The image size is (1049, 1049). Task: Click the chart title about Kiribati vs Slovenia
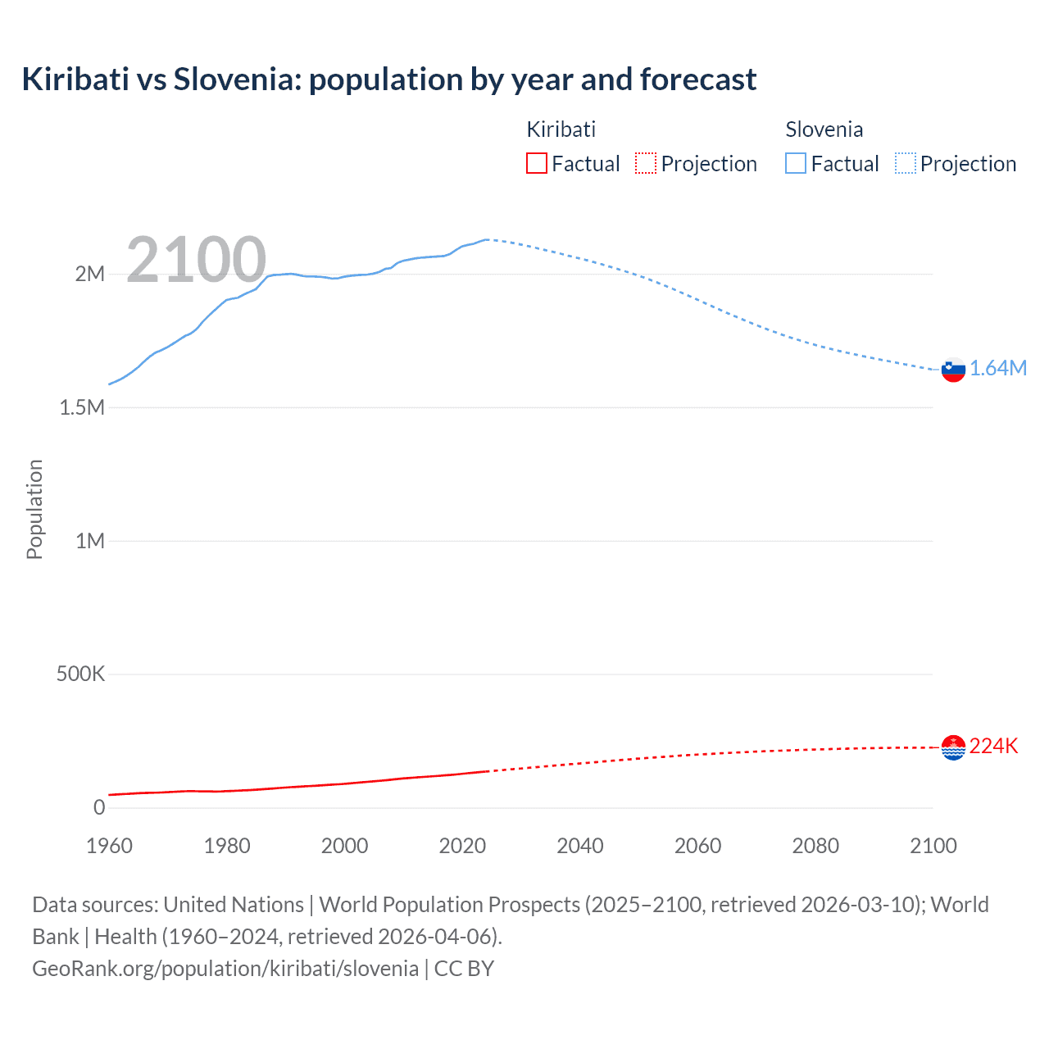[x=389, y=79]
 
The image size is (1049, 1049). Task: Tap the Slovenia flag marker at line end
[x=953, y=370]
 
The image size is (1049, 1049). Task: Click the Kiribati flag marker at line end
[x=953, y=747]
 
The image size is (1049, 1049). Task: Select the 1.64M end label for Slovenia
[x=998, y=369]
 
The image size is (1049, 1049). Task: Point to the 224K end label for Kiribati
[x=993, y=746]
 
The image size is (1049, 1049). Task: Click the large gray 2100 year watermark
[x=196, y=260]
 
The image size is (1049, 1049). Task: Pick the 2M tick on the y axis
[x=90, y=275]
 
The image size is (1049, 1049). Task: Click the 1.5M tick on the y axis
[x=82, y=407]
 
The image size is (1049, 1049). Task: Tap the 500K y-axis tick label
[x=80, y=674]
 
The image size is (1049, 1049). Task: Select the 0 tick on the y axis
[x=99, y=808]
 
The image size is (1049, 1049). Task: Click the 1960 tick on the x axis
[x=109, y=846]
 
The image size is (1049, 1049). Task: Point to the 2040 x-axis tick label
[x=580, y=846]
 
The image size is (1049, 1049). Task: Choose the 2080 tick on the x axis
[x=815, y=846]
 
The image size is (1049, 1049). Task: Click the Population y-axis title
[x=34, y=509]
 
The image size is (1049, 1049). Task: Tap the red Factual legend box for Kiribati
[x=537, y=164]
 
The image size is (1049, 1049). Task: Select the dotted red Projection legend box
[x=646, y=164]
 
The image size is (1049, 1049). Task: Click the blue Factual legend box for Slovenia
[x=796, y=164]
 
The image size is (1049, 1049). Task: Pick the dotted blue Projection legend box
[x=906, y=164]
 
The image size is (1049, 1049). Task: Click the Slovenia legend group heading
[x=824, y=129]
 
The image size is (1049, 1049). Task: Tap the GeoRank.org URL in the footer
[x=225, y=968]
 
